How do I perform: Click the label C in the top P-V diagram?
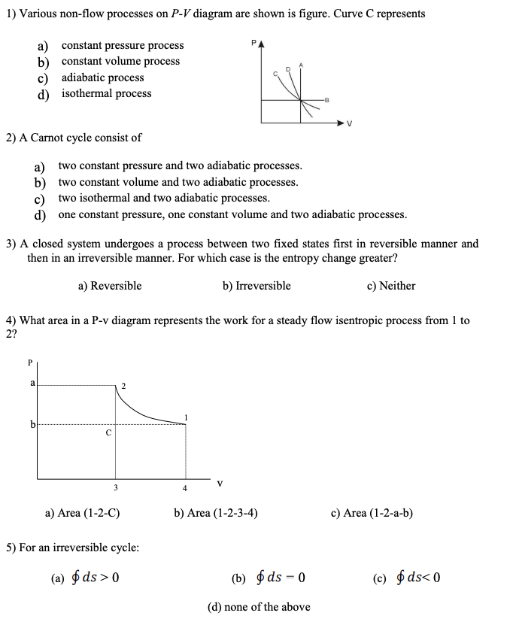[275, 71]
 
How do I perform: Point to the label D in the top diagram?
[287, 69]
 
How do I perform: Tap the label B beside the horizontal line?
[326, 100]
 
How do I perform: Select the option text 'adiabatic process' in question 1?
[102, 77]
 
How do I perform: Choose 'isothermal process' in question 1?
[106, 93]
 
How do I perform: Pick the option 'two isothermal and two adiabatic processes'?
[163, 198]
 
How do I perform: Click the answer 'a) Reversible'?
[110, 286]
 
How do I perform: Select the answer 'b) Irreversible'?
[257, 286]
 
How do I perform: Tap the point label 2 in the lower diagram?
[124, 386]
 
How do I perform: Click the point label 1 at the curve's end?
[186, 417]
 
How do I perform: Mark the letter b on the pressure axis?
[32, 425]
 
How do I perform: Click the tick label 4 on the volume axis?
[185, 488]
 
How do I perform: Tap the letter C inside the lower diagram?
[108, 432]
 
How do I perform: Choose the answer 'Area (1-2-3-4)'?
[216, 513]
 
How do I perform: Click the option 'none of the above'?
[258, 607]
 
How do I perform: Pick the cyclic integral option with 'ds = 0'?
[269, 578]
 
